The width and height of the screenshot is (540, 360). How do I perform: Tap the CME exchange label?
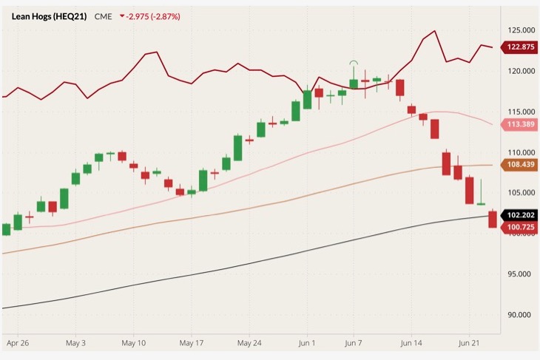point(103,16)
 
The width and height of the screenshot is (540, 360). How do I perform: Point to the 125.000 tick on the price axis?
point(518,30)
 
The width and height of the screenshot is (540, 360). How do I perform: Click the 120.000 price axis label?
point(518,71)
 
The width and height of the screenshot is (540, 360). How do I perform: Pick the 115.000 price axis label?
point(518,111)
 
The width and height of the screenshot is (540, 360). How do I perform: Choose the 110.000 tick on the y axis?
point(518,152)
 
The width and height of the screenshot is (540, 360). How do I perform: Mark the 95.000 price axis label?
point(518,274)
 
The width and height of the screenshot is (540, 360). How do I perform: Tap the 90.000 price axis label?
point(518,314)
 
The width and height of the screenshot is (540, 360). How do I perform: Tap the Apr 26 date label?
point(16,344)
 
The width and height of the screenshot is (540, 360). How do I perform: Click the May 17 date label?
point(191,344)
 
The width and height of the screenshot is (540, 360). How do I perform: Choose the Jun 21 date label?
point(468,344)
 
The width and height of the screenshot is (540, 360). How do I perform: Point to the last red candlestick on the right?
point(493,220)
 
